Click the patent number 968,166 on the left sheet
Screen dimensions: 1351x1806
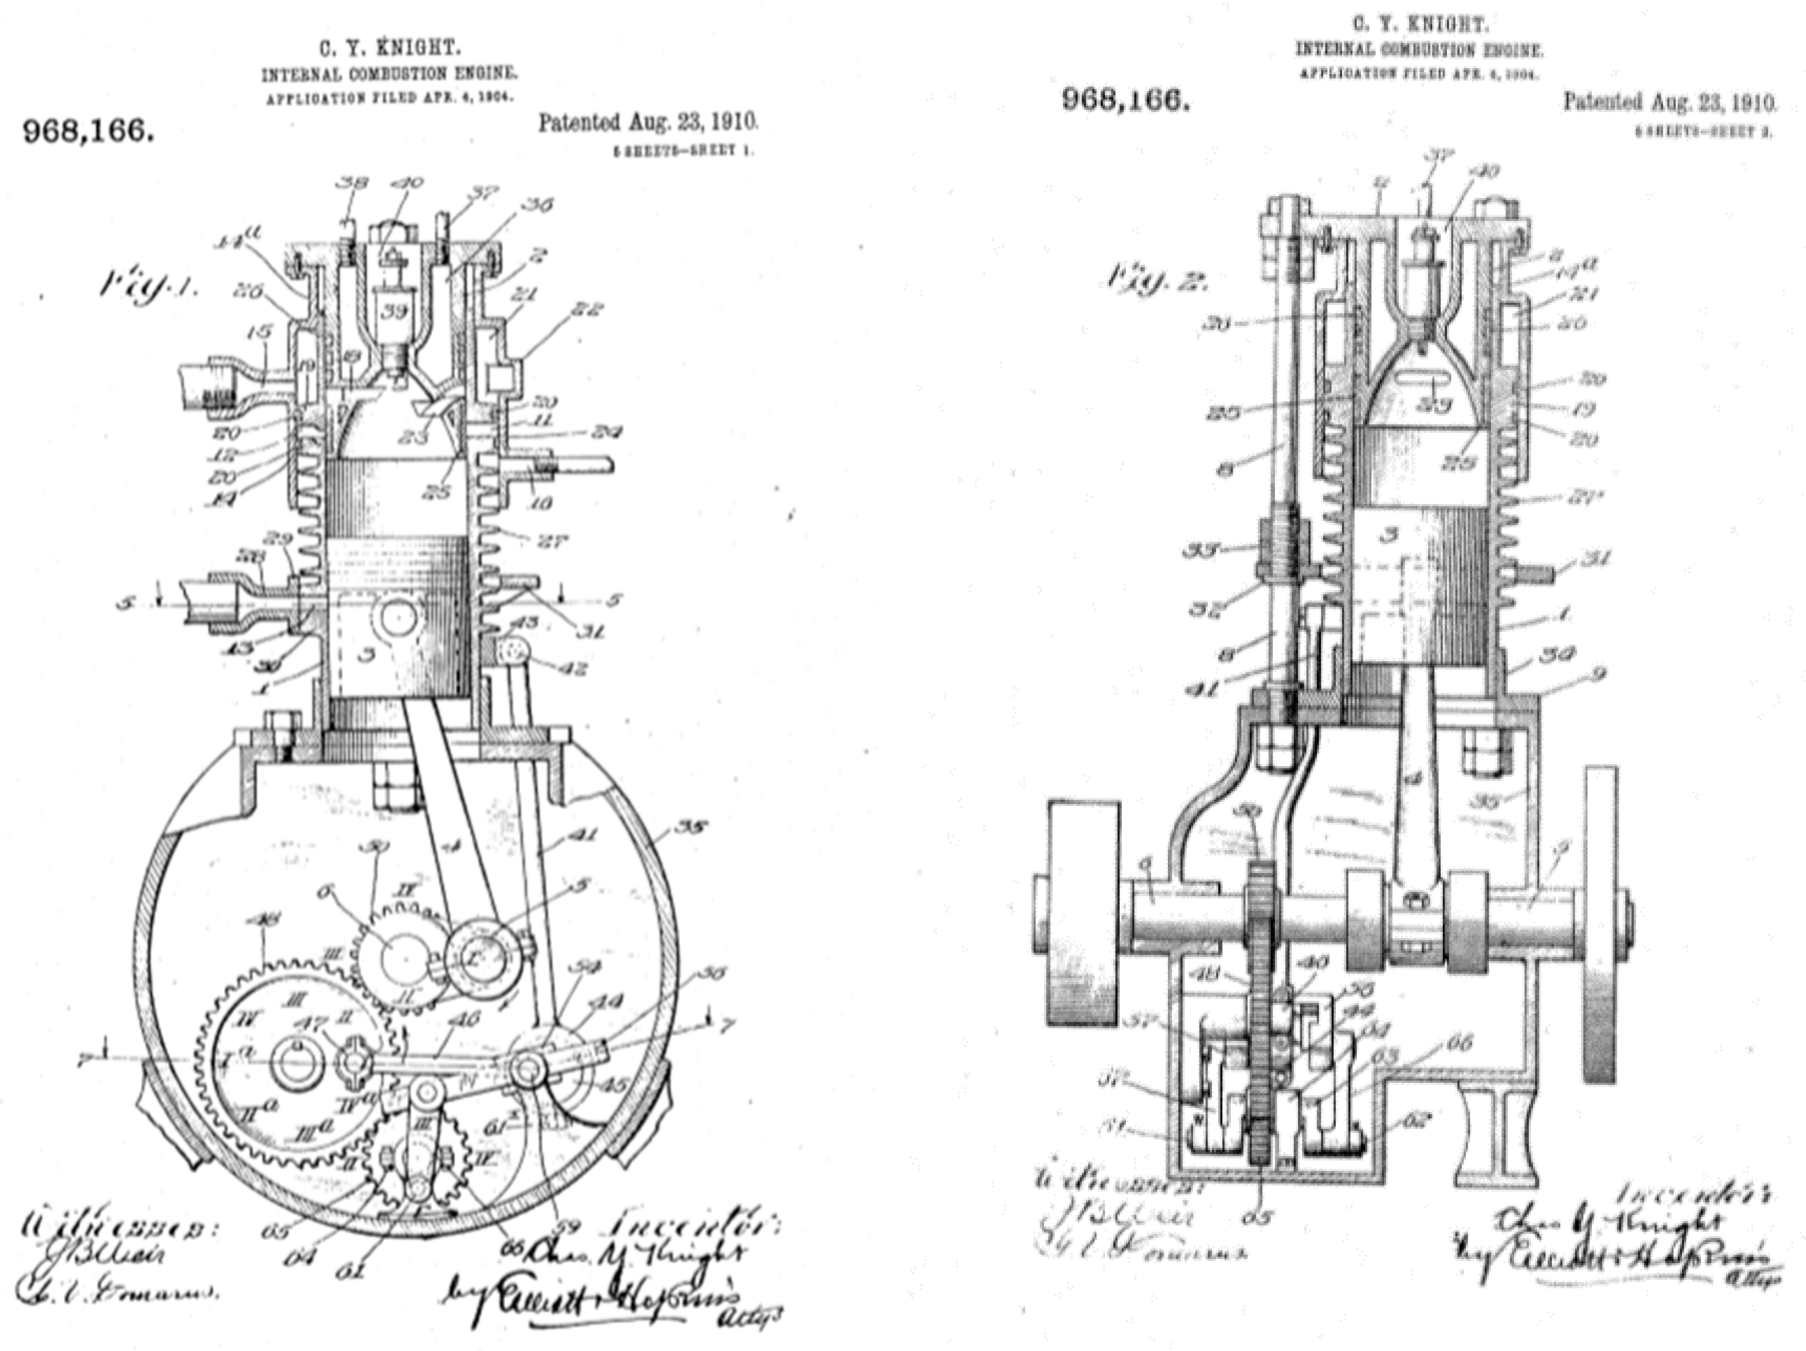(88, 131)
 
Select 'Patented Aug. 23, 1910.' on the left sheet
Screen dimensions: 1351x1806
(647, 123)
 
